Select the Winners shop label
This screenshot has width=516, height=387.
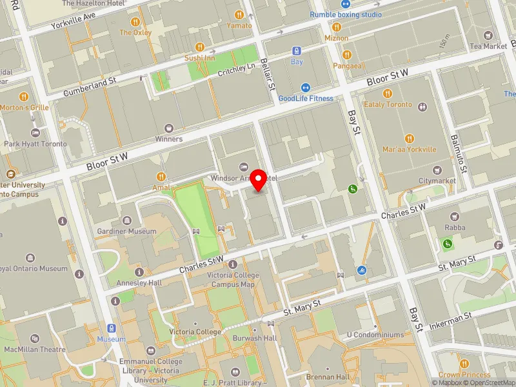(x=168, y=139)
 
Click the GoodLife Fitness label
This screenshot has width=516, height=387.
(x=306, y=98)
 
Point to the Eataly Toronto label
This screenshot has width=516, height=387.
(x=388, y=104)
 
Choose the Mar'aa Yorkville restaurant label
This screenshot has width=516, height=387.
(x=409, y=149)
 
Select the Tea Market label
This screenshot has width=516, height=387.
(x=488, y=46)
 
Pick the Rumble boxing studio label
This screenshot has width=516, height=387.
(x=345, y=14)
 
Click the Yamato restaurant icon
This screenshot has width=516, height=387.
(x=239, y=14)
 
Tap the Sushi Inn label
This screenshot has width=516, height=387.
(x=199, y=57)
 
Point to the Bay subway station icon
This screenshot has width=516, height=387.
(x=297, y=51)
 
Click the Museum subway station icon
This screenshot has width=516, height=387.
(x=111, y=328)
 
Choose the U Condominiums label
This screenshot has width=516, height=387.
(x=375, y=335)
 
